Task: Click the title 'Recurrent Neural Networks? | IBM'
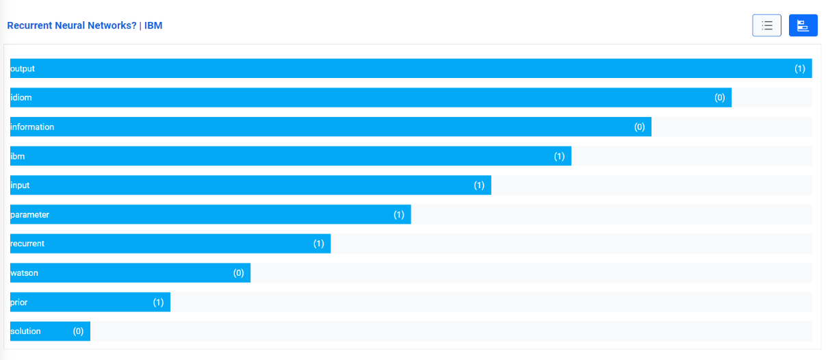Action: coord(84,25)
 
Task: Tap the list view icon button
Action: coord(766,25)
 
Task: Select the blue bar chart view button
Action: coord(803,25)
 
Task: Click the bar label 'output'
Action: coord(23,68)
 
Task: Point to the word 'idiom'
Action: coord(21,98)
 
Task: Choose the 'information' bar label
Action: coord(32,127)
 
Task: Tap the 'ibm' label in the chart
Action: coord(18,156)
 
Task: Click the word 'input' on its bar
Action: coord(20,185)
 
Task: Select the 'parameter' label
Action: coord(30,214)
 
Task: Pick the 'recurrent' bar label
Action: coord(27,243)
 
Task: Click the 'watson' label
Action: coord(24,272)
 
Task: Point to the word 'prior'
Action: coord(19,302)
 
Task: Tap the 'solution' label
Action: coord(25,331)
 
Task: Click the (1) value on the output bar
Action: coord(800,68)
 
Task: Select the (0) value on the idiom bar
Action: coord(720,98)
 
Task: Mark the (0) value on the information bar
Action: coord(640,127)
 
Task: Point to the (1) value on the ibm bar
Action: coord(559,156)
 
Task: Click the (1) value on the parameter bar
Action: coord(399,214)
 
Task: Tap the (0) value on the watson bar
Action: coord(239,272)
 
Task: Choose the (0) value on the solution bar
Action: coord(79,331)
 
